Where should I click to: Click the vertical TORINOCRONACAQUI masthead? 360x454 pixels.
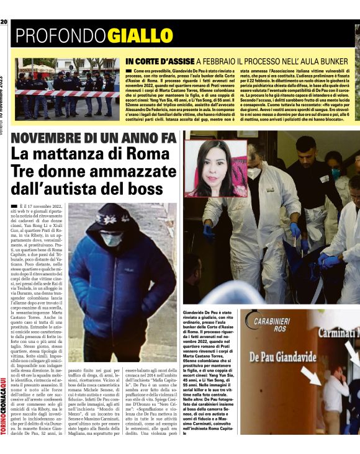5,397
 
